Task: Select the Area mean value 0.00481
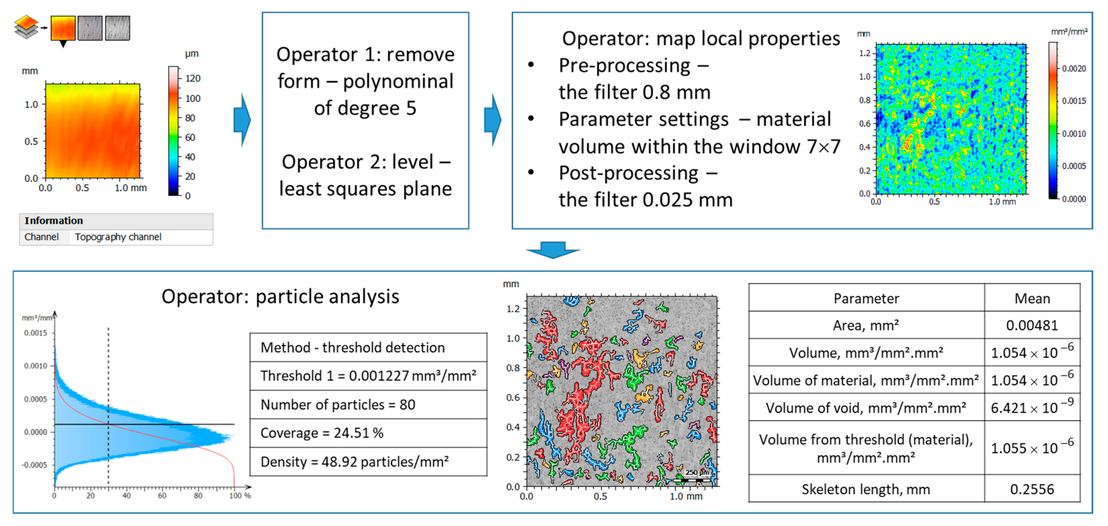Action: (x=1032, y=325)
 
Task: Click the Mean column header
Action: (x=1032, y=298)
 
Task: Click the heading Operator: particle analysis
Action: (x=280, y=297)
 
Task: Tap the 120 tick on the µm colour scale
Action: (x=192, y=78)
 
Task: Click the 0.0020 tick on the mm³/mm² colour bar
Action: (x=1073, y=69)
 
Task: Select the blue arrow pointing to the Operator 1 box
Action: (x=242, y=120)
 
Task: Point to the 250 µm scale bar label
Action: (x=696, y=472)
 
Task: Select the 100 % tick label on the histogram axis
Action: (x=240, y=495)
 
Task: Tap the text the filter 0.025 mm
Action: (x=645, y=200)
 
